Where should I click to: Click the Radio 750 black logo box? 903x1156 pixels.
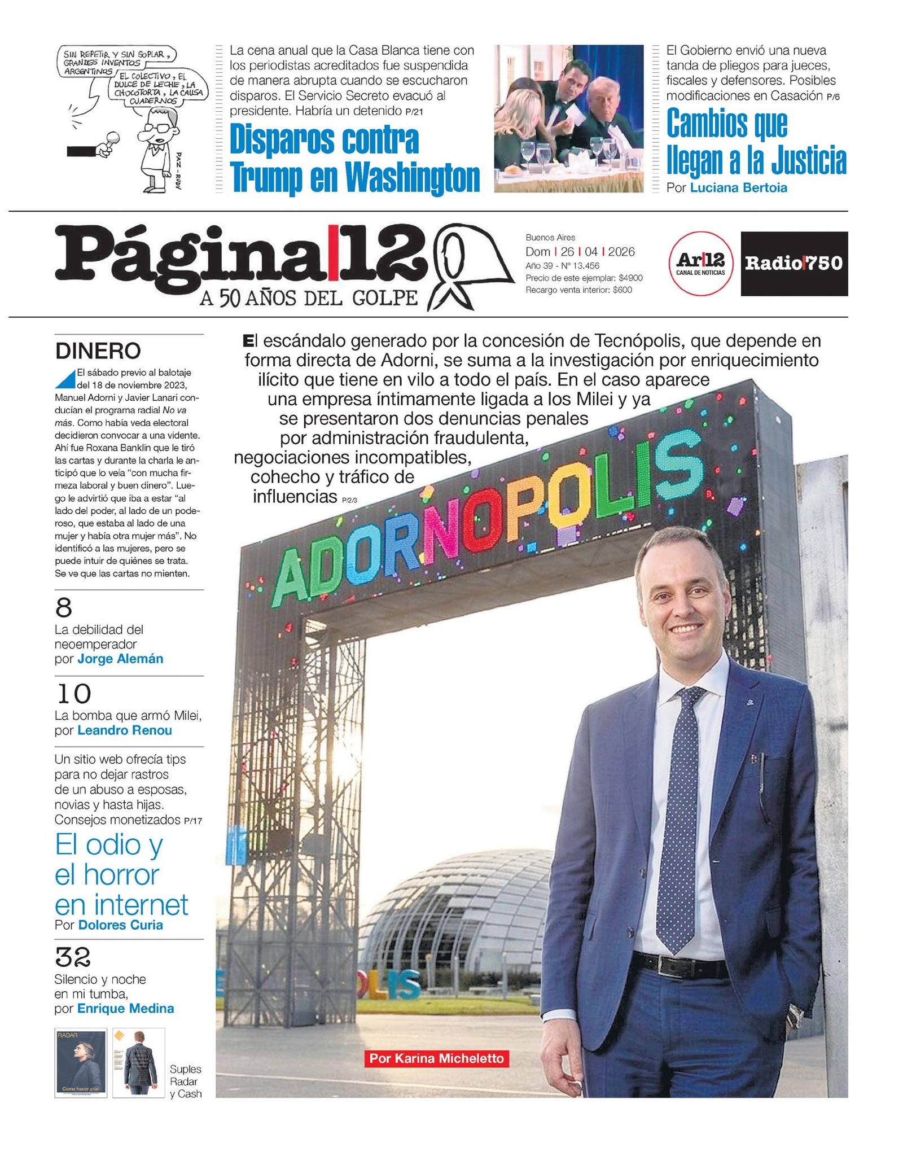(x=794, y=263)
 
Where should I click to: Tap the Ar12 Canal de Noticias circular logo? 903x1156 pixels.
(x=700, y=263)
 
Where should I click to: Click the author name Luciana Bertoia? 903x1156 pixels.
(x=738, y=188)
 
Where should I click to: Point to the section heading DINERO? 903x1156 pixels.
(x=98, y=351)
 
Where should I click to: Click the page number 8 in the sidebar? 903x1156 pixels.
(x=64, y=608)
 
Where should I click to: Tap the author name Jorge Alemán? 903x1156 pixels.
(x=120, y=659)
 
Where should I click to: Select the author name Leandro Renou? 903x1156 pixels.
(x=125, y=730)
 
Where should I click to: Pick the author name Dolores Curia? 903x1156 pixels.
(x=121, y=925)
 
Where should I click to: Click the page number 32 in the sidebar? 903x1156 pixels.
(x=73, y=957)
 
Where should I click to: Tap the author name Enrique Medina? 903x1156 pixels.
(x=125, y=1009)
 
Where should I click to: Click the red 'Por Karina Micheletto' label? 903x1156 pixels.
(x=436, y=1058)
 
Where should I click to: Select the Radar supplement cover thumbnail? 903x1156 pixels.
(x=81, y=1063)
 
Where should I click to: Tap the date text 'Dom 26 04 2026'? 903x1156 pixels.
(x=580, y=252)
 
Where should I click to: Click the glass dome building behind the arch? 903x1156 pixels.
(x=451, y=914)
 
